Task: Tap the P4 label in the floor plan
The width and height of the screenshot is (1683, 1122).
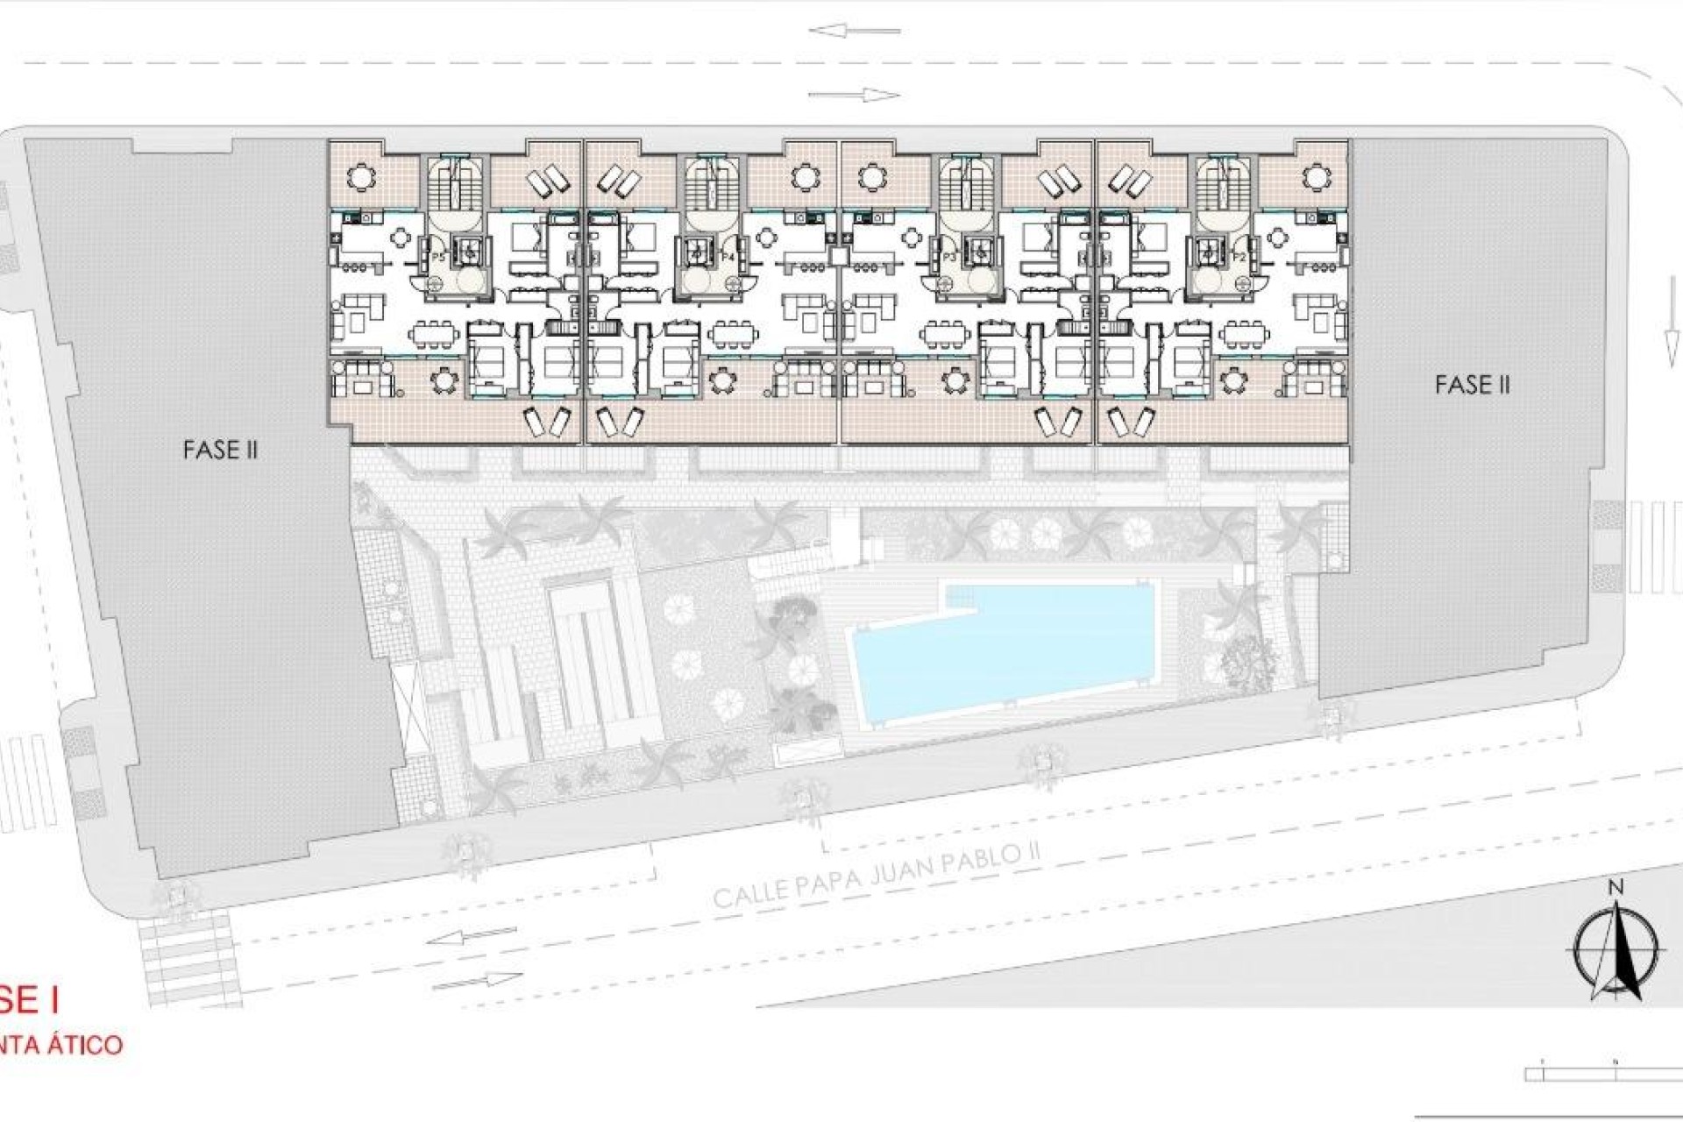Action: [x=727, y=256]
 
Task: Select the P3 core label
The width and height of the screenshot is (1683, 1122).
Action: [x=949, y=256]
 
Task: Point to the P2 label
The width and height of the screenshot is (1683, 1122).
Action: [x=1239, y=256]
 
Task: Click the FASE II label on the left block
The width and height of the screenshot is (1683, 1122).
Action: [x=220, y=450]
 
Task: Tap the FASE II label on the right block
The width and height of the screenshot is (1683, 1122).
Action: [x=1472, y=384]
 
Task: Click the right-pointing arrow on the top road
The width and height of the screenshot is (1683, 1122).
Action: [x=855, y=95]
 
